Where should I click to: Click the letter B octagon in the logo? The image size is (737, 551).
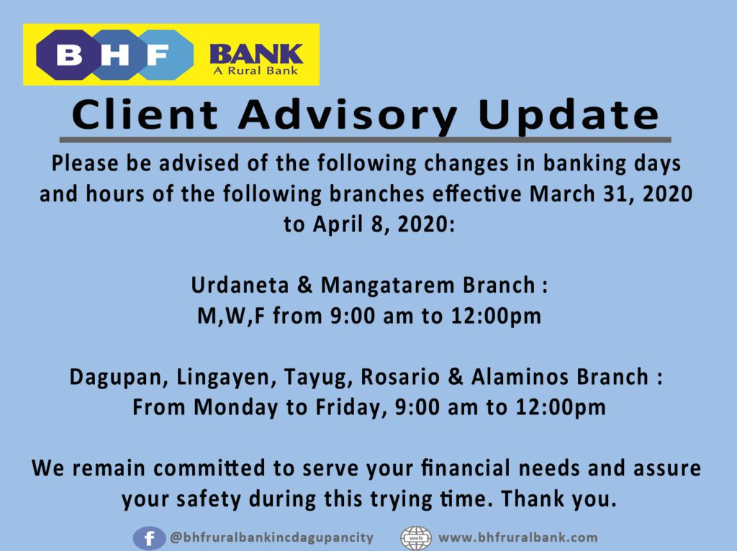(x=68, y=55)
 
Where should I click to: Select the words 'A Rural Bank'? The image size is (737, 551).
(x=256, y=71)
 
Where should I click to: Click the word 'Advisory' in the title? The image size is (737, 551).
(x=348, y=116)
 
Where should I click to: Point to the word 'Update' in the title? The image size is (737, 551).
(x=569, y=116)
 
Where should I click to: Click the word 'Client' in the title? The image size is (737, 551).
(x=145, y=114)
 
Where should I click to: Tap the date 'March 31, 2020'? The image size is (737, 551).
(x=611, y=194)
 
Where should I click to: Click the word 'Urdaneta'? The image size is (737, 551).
(x=240, y=285)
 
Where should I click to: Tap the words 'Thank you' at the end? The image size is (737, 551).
(x=559, y=499)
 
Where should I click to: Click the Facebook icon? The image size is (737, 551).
(x=149, y=538)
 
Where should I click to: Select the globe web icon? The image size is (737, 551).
(x=415, y=538)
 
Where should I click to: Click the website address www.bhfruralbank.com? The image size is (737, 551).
(x=518, y=537)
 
